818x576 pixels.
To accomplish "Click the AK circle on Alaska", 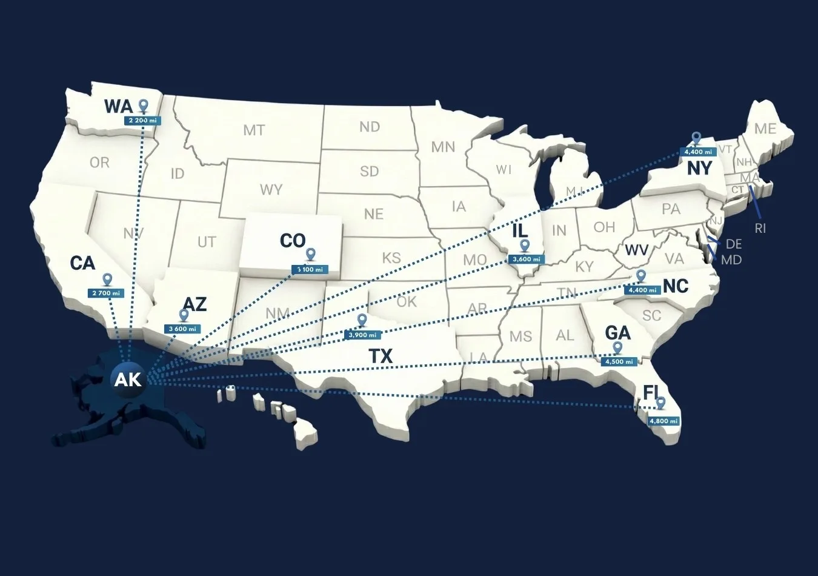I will point(128,380).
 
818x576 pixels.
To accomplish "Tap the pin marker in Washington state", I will point(144,106).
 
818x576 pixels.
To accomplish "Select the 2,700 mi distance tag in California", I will point(106,293).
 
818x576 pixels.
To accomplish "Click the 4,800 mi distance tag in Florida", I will point(663,421).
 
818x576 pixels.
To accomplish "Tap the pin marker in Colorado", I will point(311,255).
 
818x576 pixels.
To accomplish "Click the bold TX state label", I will point(381,356).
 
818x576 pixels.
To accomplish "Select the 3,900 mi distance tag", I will point(362,335).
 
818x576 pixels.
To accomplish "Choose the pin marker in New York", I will point(696,139).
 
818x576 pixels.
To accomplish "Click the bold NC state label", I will point(676,286).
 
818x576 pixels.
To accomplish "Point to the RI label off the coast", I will point(760,229).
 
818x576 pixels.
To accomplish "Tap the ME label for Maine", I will point(765,129).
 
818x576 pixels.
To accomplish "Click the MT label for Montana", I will point(254,130).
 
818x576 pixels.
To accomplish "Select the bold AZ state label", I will point(195,303).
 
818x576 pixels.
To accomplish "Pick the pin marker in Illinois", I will point(525,246).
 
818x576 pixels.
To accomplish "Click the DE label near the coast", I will point(733,244).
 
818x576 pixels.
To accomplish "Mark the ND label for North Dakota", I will point(369,126).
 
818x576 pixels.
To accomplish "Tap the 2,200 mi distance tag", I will point(143,120).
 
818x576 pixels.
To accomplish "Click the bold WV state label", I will point(637,250).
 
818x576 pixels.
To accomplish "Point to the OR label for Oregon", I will point(99,162).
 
